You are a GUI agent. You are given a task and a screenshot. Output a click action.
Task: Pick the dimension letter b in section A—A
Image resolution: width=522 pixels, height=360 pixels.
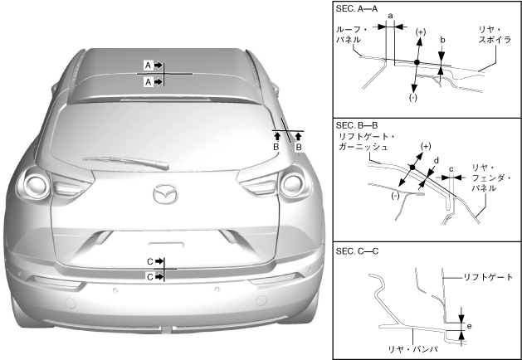pos(442,39)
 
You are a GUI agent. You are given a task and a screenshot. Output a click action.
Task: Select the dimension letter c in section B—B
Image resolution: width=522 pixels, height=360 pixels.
pos(450,170)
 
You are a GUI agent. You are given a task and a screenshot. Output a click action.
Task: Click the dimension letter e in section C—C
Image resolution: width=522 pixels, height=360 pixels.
pos(469,327)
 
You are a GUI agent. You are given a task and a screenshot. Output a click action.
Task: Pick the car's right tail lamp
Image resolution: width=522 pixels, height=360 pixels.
pos(293,182)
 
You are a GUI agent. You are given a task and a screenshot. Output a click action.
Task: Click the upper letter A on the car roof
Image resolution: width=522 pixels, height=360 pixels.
pos(149,64)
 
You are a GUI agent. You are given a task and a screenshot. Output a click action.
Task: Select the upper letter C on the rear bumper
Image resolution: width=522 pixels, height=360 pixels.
pos(149,261)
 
